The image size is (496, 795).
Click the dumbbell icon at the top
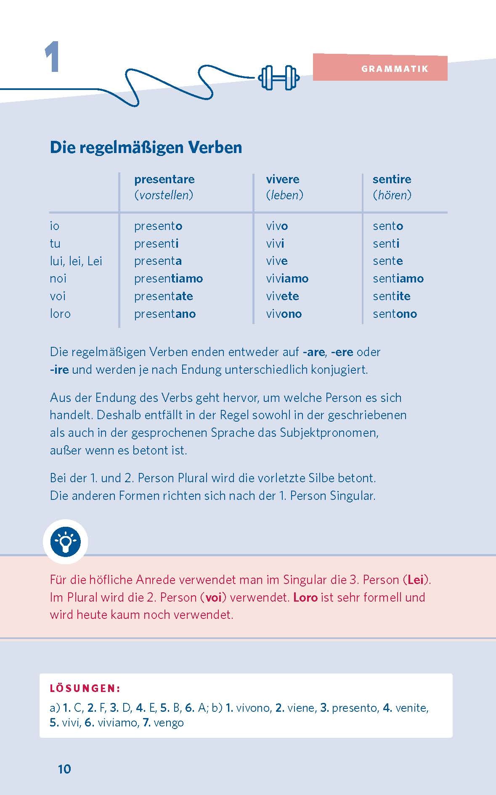coord(279,78)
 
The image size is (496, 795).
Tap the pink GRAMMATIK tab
coord(380,68)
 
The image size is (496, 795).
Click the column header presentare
coord(164,179)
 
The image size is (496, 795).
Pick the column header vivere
coord(282,179)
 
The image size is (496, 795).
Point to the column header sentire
coord(392,179)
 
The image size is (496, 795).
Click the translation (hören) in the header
coord(392,195)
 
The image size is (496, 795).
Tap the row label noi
coord(58,278)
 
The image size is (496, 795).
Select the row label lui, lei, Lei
coord(76,261)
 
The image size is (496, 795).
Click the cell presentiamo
coord(168,278)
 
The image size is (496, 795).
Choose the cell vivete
coord(282,296)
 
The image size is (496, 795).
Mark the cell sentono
coord(395,314)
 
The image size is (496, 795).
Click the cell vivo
coord(277,226)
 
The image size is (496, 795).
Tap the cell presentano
coord(165,314)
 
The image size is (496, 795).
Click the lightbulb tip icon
coord(65,541)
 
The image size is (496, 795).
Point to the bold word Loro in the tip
coord(305,597)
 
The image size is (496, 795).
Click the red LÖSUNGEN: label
coord(85,688)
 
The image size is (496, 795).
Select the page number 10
coord(64,769)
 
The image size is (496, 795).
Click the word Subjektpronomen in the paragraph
coord(329,433)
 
